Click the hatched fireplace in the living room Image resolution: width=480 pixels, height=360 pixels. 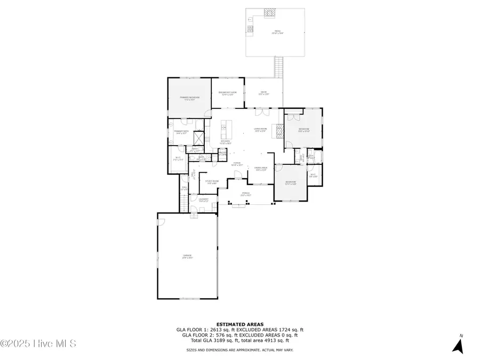(278, 131)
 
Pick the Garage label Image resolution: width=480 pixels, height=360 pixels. (187, 257)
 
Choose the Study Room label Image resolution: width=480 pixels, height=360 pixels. (212, 182)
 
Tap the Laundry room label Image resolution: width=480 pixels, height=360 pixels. (203, 200)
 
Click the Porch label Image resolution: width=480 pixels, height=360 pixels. (246, 194)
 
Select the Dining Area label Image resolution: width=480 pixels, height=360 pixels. (260, 169)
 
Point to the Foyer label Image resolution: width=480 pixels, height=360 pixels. (237, 164)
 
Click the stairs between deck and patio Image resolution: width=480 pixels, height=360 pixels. (278, 67)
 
